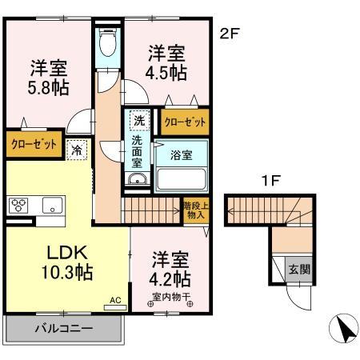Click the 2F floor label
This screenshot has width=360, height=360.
tap(230, 34)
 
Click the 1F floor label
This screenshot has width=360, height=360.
tap(271, 182)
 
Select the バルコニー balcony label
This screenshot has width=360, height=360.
tap(63, 329)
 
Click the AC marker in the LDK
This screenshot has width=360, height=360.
tap(115, 300)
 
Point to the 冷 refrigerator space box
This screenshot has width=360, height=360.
tap(78, 149)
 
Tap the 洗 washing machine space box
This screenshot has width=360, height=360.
tap(139, 121)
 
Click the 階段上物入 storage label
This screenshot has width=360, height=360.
tap(195, 210)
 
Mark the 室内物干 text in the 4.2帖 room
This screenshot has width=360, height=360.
tap(170, 300)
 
